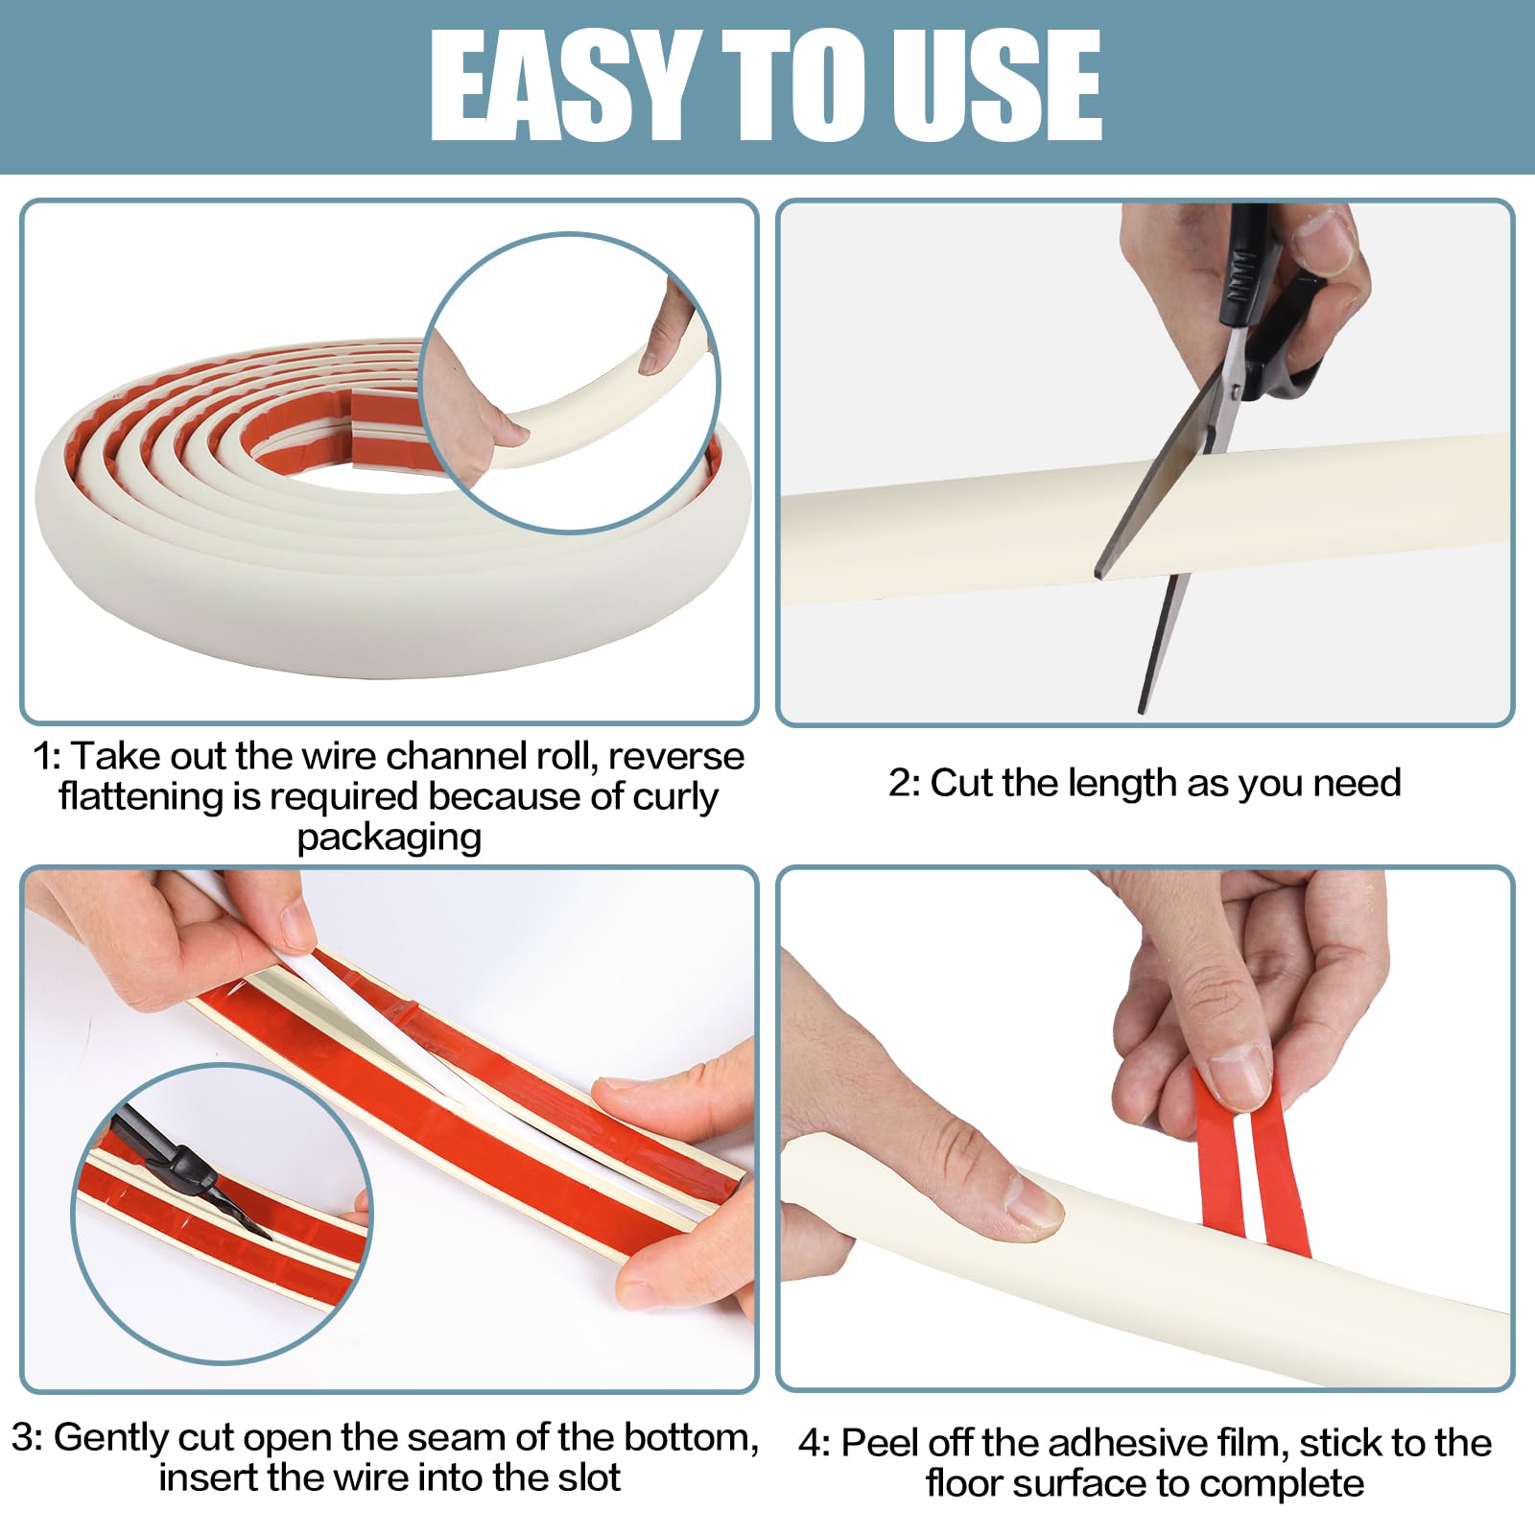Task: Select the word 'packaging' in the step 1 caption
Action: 389,838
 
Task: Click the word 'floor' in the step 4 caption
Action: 964,1483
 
